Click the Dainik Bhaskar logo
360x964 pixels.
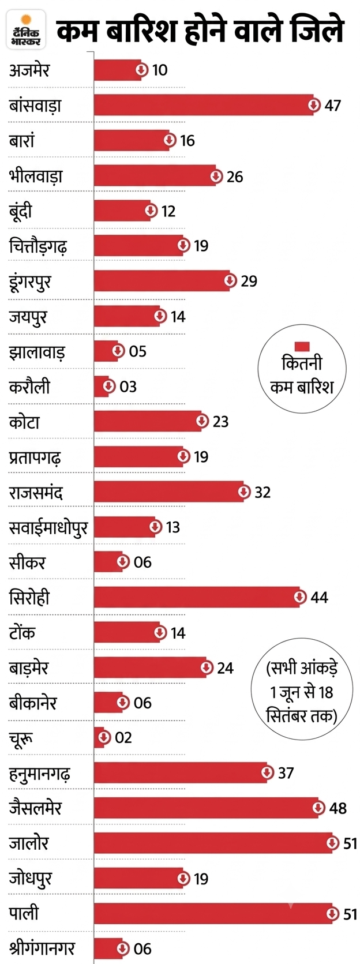(27, 29)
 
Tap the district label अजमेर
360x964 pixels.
(29, 70)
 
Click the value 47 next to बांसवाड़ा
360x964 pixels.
(332, 106)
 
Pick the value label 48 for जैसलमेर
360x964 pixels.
(337, 808)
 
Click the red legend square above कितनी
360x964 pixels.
(302, 347)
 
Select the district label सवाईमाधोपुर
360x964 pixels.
(48, 528)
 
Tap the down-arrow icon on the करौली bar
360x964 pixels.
(109, 386)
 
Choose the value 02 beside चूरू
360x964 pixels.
(123, 738)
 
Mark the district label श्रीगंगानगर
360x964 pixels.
(42, 948)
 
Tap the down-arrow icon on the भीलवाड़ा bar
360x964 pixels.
(216, 176)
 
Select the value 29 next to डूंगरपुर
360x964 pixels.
(249, 281)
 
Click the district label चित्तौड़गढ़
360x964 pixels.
(38, 246)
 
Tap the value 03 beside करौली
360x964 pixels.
(128, 387)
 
